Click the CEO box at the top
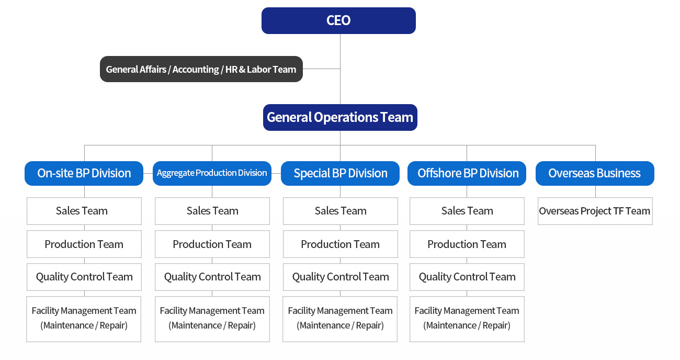click(x=338, y=20)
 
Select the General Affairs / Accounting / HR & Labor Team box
click(x=201, y=69)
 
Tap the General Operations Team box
click(x=340, y=118)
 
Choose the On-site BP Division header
click(x=84, y=174)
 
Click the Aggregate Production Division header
click(x=212, y=174)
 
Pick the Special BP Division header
click(x=340, y=174)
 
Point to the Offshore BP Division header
click(x=467, y=174)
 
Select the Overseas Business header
click(x=595, y=174)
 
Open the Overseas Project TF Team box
click(x=595, y=211)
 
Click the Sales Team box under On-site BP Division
click(x=84, y=211)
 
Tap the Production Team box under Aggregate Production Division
click(x=212, y=244)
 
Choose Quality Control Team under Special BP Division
click(x=341, y=277)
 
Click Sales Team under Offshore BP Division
click(x=467, y=211)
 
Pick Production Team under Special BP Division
click(x=341, y=244)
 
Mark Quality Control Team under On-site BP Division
click(x=84, y=277)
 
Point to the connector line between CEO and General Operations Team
click(x=340, y=69)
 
